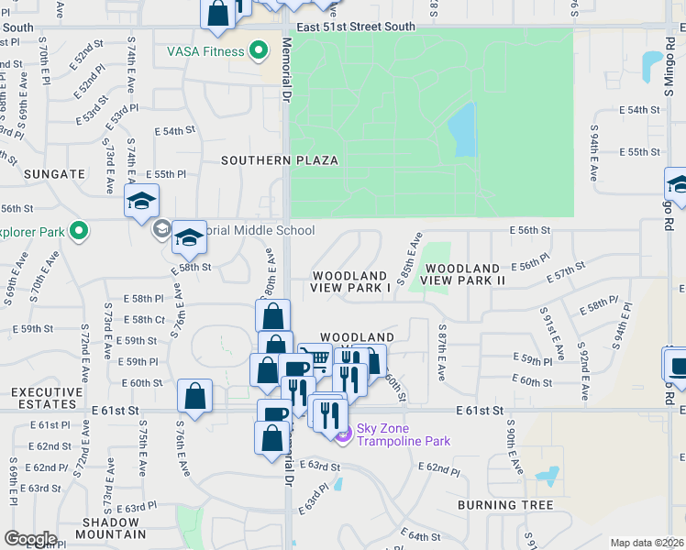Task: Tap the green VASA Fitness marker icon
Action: click(260, 51)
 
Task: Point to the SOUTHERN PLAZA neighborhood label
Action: click(280, 160)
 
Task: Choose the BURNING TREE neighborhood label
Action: click(505, 505)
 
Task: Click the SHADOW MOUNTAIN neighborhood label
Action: click(112, 528)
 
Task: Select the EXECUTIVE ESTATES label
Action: click(44, 398)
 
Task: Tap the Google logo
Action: click(30, 539)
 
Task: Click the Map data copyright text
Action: click(647, 543)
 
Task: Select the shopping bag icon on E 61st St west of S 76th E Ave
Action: click(194, 398)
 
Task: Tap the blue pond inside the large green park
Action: click(462, 130)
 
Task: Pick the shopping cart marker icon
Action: click(315, 358)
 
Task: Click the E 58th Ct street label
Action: click(147, 320)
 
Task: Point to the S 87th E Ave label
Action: click(441, 352)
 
